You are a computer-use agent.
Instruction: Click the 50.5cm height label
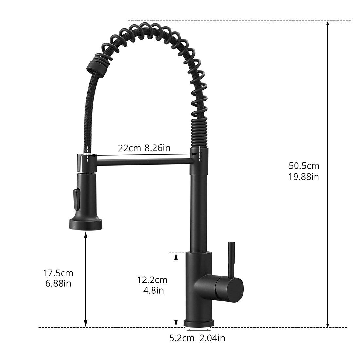coord(303,166)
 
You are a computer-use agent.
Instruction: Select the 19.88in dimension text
coord(303,177)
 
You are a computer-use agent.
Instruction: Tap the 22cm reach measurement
coord(129,148)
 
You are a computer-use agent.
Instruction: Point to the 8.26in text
coord(157,148)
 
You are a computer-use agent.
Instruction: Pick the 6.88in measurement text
coord(58,283)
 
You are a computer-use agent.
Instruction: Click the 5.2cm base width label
coord(182,338)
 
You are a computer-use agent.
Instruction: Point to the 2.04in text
coord(212,338)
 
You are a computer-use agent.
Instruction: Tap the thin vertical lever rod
coord(231,259)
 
